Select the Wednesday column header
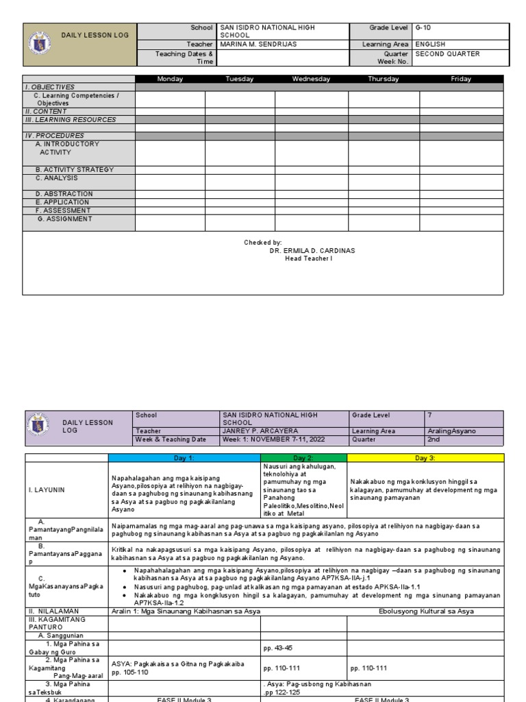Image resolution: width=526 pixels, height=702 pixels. pos(311,79)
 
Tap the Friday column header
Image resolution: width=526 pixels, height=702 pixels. pos(461,79)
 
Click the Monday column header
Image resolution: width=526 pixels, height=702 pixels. pos(170,79)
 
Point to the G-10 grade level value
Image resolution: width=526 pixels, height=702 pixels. pos(424,27)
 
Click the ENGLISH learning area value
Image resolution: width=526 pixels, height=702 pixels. pos(430,45)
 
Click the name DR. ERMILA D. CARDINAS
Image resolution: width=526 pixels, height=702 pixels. pos(312,251)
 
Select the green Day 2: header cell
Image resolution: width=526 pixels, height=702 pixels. pos(303,457)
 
